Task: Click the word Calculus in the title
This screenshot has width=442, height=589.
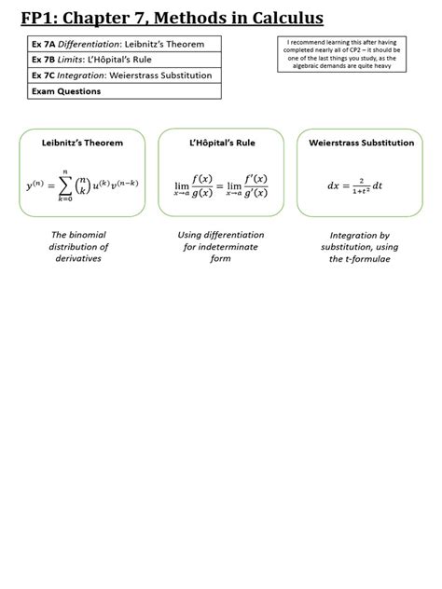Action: tap(287, 18)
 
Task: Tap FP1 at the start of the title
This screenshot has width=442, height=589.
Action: tap(36, 18)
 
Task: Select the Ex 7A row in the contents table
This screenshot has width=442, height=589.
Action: tap(124, 44)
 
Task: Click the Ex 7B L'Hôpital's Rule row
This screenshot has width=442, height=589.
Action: tap(124, 60)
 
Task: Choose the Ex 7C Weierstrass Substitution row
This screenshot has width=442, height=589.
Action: tap(124, 75)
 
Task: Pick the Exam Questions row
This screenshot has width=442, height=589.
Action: tap(124, 91)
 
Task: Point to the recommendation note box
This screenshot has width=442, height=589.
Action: tap(341, 54)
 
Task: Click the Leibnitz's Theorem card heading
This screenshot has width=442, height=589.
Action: tap(82, 143)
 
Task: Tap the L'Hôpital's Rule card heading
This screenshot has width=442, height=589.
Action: tap(222, 143)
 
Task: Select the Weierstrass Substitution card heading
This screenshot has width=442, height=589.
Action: tap(362, 143)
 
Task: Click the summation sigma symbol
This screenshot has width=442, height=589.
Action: tap(65, 185)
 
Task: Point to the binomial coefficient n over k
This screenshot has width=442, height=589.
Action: tap(83, 185)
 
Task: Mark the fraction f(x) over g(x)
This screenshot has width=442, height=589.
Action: tap(202, 186)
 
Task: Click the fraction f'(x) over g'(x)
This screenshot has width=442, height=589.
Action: tap(256, 186)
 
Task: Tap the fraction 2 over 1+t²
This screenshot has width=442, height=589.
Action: tap(361, 186)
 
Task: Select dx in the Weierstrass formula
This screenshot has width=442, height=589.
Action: tap(334, 185)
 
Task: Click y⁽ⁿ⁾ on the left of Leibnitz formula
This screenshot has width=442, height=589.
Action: tap(35, 185)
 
